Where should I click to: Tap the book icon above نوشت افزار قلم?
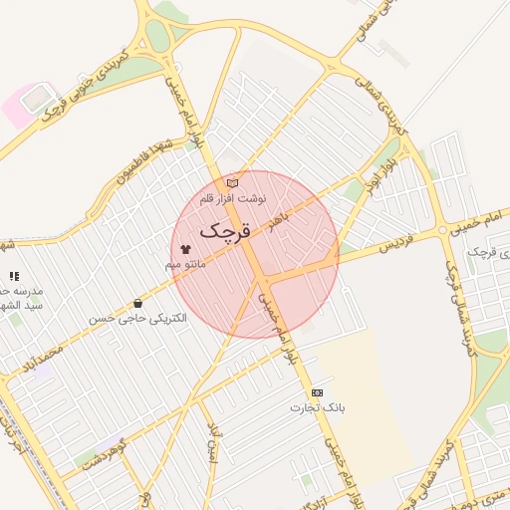pyautogui.click(x=232, y=183)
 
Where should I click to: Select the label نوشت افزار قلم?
pyautogui.click(x=232, y=199)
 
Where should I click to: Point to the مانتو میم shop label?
pyautogui.click(x=185, y=265)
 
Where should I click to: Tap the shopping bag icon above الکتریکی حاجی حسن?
pyautogui.click(x=137, y=303)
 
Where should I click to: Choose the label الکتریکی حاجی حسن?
pyautogui.click(x=137, y=319)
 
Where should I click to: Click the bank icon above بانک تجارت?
pyautogui.click(x=317, y=392)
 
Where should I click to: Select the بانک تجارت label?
pyautogui.click(x=317, y=407)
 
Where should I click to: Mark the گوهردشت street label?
pyautogui.click(x=106, y=451)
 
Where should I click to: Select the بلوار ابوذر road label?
pyautogui.click(x=384, y=175)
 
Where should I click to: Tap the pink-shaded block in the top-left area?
pyautogui.click(x=19, y=107)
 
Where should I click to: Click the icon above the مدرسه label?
pyautogui.click(x=14, y=276)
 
